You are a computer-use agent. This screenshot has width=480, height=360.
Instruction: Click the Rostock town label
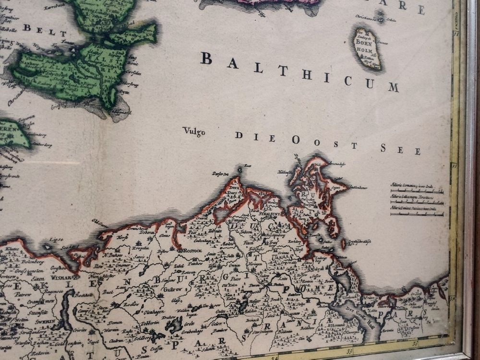click(x=190, y=251)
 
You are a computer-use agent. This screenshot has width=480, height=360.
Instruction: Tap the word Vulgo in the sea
click(x=193, y=131)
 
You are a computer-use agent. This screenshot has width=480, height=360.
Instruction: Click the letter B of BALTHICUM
click(x=206, y=59)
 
